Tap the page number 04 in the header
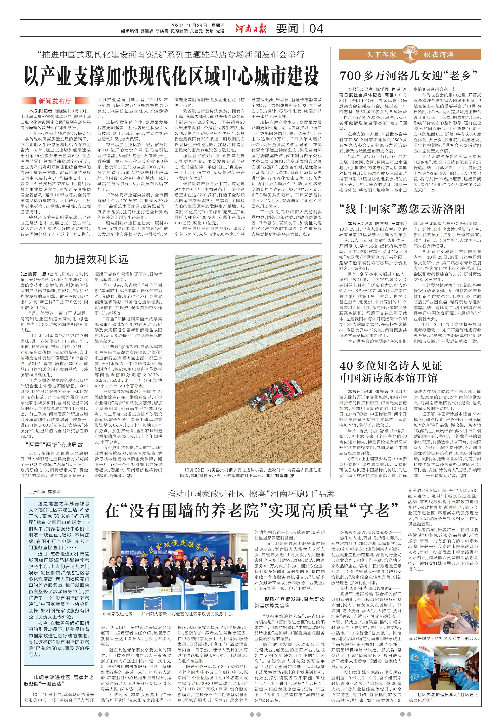click(316, 29)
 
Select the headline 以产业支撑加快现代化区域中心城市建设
click(172, 76)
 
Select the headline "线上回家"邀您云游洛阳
click(402, 209)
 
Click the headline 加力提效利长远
click(91, 259)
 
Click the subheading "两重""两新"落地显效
click(54, 445)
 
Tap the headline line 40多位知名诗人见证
click(391, 366)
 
